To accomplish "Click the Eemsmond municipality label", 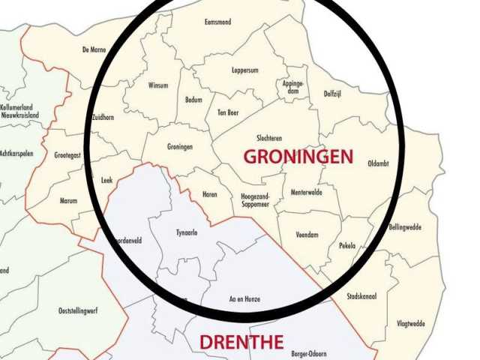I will point(217,22).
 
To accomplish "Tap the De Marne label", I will point(94,50).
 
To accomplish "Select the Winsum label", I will point(158,85).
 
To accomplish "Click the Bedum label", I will point(194,100).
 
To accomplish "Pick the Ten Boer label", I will point(227,112).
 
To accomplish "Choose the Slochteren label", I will point(269,138).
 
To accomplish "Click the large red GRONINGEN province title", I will point(298,157).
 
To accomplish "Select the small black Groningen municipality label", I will point(180,147).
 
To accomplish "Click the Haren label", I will point(209,195).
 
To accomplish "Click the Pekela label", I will point(346,245).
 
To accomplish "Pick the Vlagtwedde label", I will point(410,324).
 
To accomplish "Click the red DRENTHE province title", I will point(241,343).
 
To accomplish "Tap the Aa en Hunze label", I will point(244,299).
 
